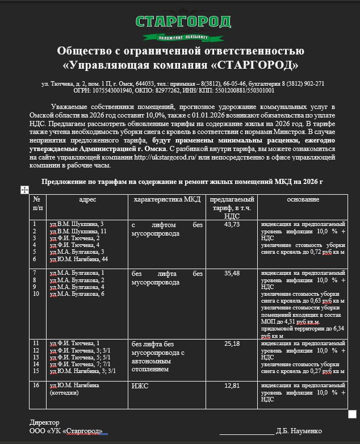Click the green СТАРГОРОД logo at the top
point(183,23)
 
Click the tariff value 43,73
point(232,225)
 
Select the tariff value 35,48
point(232,274)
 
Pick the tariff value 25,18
point(232,344)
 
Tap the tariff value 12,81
point(232,386)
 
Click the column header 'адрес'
point(87,200)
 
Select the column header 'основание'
point(303,200)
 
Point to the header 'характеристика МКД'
point(167,200)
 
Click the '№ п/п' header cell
point(37,203)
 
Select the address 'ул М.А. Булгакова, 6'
point(77,294)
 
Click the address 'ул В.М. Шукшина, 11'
point(78,232)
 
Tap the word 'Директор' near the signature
point(44,422)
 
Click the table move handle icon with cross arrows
point(24,190)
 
